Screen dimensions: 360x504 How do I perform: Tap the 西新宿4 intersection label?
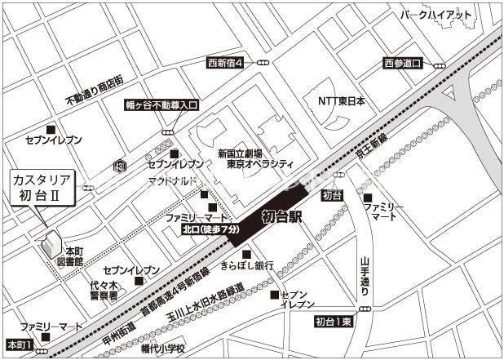coord(225,62)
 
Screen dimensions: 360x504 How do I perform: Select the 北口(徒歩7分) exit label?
coord(210,231)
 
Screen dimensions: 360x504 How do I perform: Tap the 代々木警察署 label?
coord(104,290)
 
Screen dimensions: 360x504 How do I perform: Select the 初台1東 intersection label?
coord(335,322)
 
